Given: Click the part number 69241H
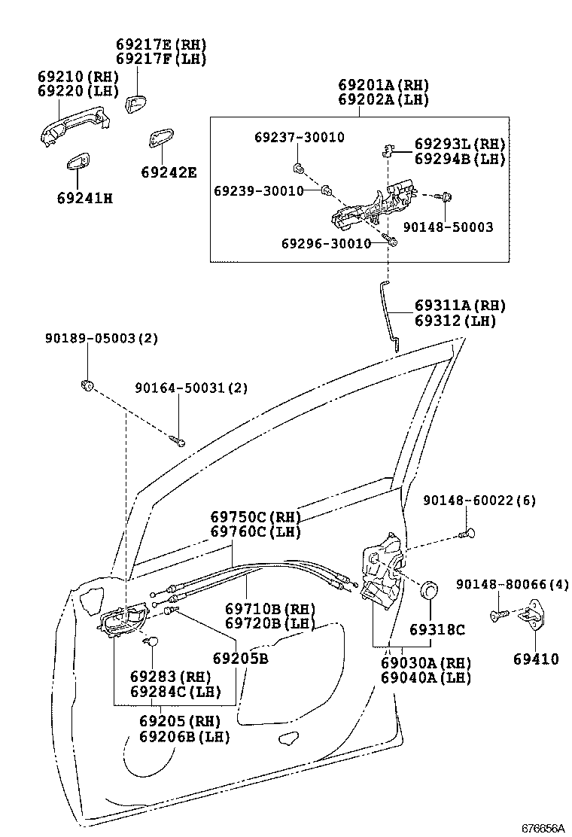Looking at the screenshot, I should click(x=84, y=199).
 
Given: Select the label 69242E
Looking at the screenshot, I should click(x=169, y=172).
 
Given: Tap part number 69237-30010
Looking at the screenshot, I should click(x=299, y=137).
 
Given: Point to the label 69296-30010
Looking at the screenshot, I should click(x=326, y=243).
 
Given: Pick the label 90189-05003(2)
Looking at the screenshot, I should click(x=101, y=339).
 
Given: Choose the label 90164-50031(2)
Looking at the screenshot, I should click(x=191, y=388).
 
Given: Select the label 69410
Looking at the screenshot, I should click(x=536, y=659).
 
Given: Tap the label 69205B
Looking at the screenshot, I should click(x=240, y=659).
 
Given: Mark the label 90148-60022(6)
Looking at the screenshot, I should click(x=479, y=501).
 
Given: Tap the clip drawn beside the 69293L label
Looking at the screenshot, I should click(x=387, y=151).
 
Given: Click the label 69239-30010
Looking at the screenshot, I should click(x=258, y=191).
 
